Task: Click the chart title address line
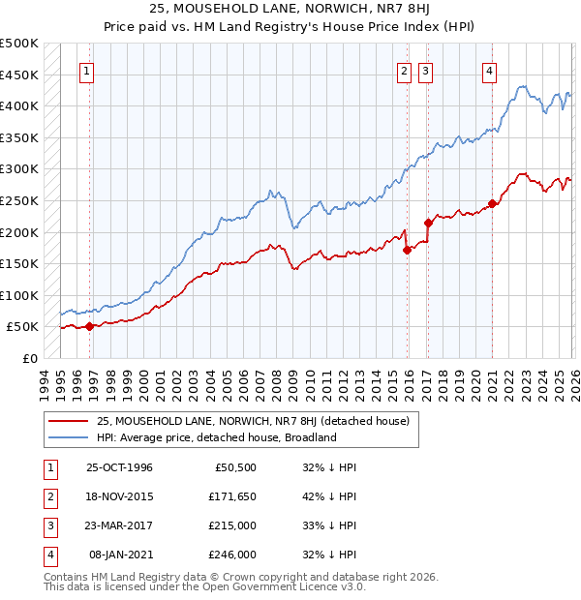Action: [290, 10]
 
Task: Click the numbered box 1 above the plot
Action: [86, 70]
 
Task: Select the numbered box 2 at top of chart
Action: [403, 70]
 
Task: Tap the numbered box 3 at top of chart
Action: [426, 70]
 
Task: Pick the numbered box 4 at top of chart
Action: [490, 70]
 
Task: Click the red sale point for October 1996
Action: [90, 326]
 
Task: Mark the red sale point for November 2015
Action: [407, 250]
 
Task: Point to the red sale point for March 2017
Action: [428, 223]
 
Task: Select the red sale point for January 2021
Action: [492, 203]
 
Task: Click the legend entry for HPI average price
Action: [216, 437]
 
